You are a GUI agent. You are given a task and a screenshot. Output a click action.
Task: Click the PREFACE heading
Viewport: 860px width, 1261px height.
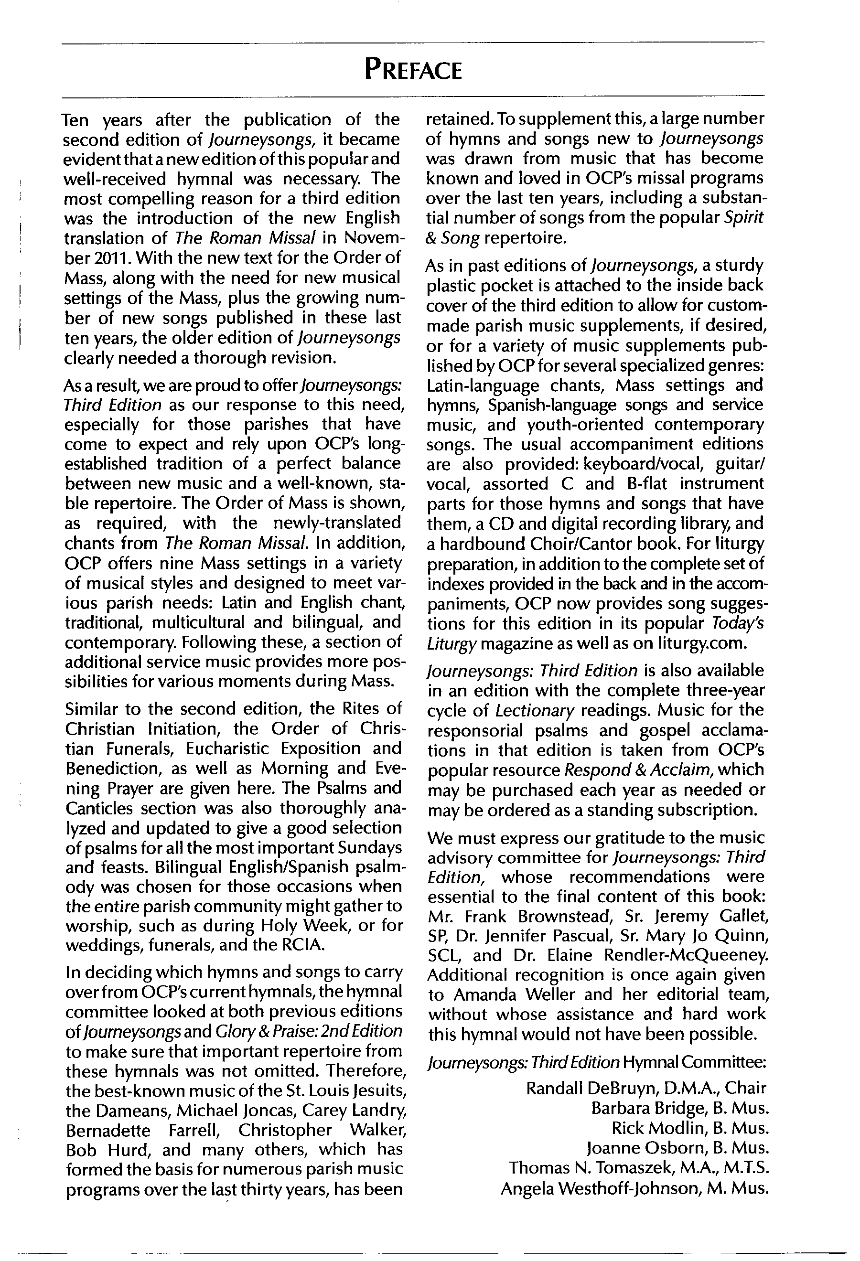click(413, 71)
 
